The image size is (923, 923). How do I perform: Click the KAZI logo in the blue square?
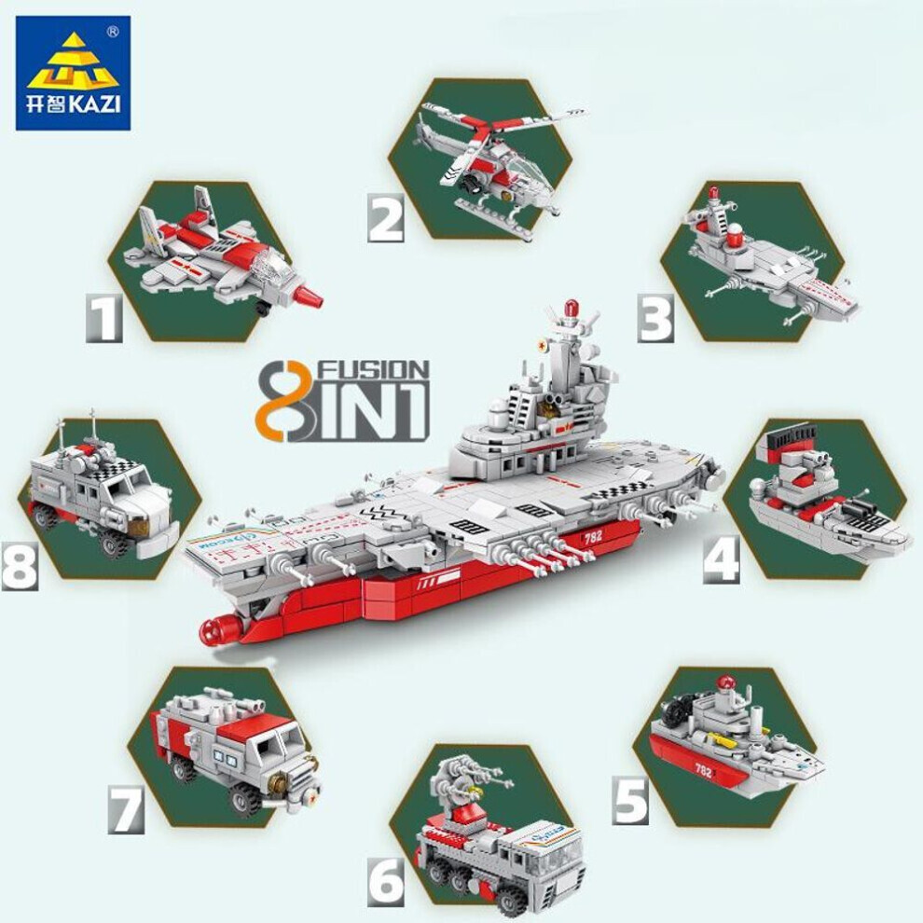73,73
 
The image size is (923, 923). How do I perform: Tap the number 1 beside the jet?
104,318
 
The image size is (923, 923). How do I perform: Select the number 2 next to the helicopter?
386,218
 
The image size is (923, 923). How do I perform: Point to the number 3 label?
655,318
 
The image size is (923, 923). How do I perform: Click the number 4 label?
722,558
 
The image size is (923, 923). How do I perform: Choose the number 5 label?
630,800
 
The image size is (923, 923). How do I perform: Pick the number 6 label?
387,881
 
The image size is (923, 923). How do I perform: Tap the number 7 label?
126,809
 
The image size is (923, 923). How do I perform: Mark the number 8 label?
20,566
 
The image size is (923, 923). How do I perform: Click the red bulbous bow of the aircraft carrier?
220,631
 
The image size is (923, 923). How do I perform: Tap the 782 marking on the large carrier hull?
592,537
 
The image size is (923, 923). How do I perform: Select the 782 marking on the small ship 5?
703,770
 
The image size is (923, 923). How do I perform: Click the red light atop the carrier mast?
569,308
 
